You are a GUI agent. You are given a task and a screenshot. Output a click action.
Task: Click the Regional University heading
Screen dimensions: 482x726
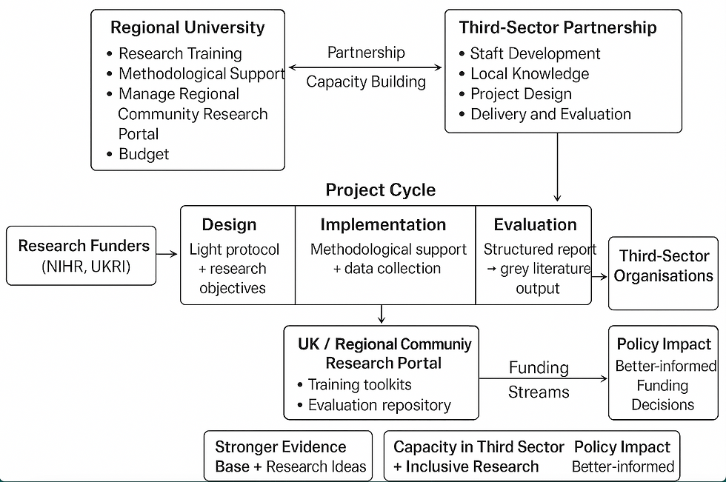pos(187,28)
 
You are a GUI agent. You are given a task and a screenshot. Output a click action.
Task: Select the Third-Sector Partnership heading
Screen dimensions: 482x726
pos(557,28)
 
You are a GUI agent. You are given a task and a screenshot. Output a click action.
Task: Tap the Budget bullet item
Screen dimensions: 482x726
pos(144,154)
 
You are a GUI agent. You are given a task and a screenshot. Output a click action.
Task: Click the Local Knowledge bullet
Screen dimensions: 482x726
pos(530,74)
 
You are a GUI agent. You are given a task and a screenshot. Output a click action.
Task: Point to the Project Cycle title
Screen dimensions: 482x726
pos(381,190)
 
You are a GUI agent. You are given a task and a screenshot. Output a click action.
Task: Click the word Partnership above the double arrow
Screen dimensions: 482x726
pos(366,53)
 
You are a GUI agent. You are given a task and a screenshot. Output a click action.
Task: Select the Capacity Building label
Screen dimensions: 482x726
pos(366,81)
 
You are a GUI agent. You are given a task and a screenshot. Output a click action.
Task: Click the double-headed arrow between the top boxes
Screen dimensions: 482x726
pos(365,67)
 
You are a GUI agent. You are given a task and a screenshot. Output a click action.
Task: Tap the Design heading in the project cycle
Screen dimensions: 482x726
pos(229,225)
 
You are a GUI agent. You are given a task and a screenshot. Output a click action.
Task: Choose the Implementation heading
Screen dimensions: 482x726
pos(383,225)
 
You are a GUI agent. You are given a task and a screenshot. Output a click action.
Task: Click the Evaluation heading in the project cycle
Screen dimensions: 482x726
pos(535,225)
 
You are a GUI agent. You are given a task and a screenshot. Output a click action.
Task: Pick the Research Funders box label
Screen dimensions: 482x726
pos(84,246)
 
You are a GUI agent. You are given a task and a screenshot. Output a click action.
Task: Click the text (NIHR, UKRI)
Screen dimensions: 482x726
pos(86,267)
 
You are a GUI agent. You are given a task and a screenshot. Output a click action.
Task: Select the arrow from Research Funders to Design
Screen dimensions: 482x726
pos(168,255)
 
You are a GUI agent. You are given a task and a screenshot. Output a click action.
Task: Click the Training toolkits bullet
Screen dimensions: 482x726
pos(360,384)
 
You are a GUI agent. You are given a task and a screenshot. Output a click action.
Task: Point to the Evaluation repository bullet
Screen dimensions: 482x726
pos(379,405)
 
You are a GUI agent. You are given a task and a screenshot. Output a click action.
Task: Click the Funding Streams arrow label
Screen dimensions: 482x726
pos(539,379)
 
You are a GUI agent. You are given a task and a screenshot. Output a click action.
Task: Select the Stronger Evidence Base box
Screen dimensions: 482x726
pos(287,456)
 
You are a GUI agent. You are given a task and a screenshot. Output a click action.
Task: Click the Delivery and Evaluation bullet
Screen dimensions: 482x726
pos(550,114)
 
